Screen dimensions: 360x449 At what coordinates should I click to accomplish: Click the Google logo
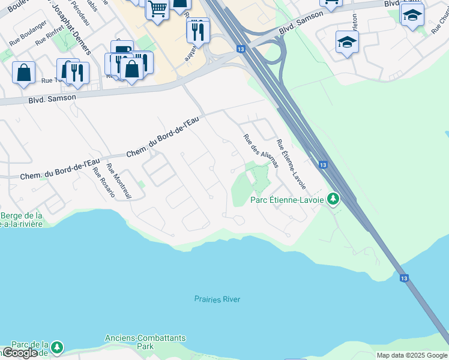[x=20, y=353]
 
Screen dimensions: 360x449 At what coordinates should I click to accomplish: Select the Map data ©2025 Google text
[x=412, y=355]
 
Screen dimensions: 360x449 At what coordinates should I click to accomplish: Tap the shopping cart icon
[x=157, y=10]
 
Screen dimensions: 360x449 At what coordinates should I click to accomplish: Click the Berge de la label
[x=22, y=216]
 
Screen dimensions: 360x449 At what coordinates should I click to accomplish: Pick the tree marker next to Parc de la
[x=56, y=347]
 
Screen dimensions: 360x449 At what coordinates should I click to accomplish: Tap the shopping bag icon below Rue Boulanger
[x=23, y=73]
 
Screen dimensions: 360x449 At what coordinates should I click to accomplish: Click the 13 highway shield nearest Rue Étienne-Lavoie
[x=323, y=164]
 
